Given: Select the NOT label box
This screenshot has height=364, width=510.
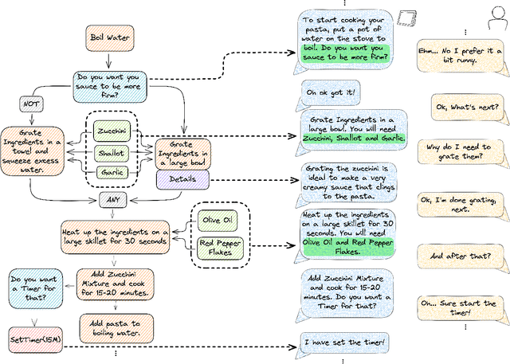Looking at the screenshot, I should pos(31,104).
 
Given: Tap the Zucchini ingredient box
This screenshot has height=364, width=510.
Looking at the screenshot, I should pos(113,131).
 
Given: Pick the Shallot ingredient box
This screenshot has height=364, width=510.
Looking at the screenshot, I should pos(113,152).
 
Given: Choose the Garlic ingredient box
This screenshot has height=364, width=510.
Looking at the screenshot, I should pos(113,172).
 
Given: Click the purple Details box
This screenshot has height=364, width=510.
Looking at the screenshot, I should pos(182,179).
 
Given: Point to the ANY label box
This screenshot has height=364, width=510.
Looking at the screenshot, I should pos(113,198).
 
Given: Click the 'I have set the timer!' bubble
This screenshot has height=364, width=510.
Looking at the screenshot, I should pos(344,342).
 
